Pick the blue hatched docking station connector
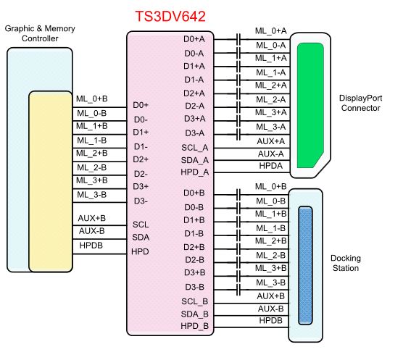307,265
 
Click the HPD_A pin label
194,172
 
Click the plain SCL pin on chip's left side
141,224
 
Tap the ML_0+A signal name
271,31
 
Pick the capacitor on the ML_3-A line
238,134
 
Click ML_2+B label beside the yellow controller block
92,153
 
